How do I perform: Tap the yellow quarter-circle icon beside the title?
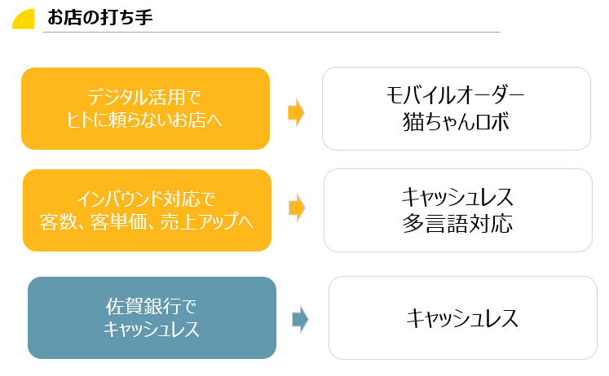pos(24,19)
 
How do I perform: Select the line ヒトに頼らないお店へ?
pos(144,120)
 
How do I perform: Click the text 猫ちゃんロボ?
pos(456,121)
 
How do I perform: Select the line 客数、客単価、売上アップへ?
pos(146,221)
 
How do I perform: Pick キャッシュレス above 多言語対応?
pos(457,198)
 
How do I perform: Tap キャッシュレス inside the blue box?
pos(152,330)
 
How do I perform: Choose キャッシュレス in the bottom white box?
pos(462,318)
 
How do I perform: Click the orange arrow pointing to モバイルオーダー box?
pos(296,112)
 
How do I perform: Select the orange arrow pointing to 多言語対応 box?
pos(297,208)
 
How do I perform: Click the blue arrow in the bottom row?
pos(300,319)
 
